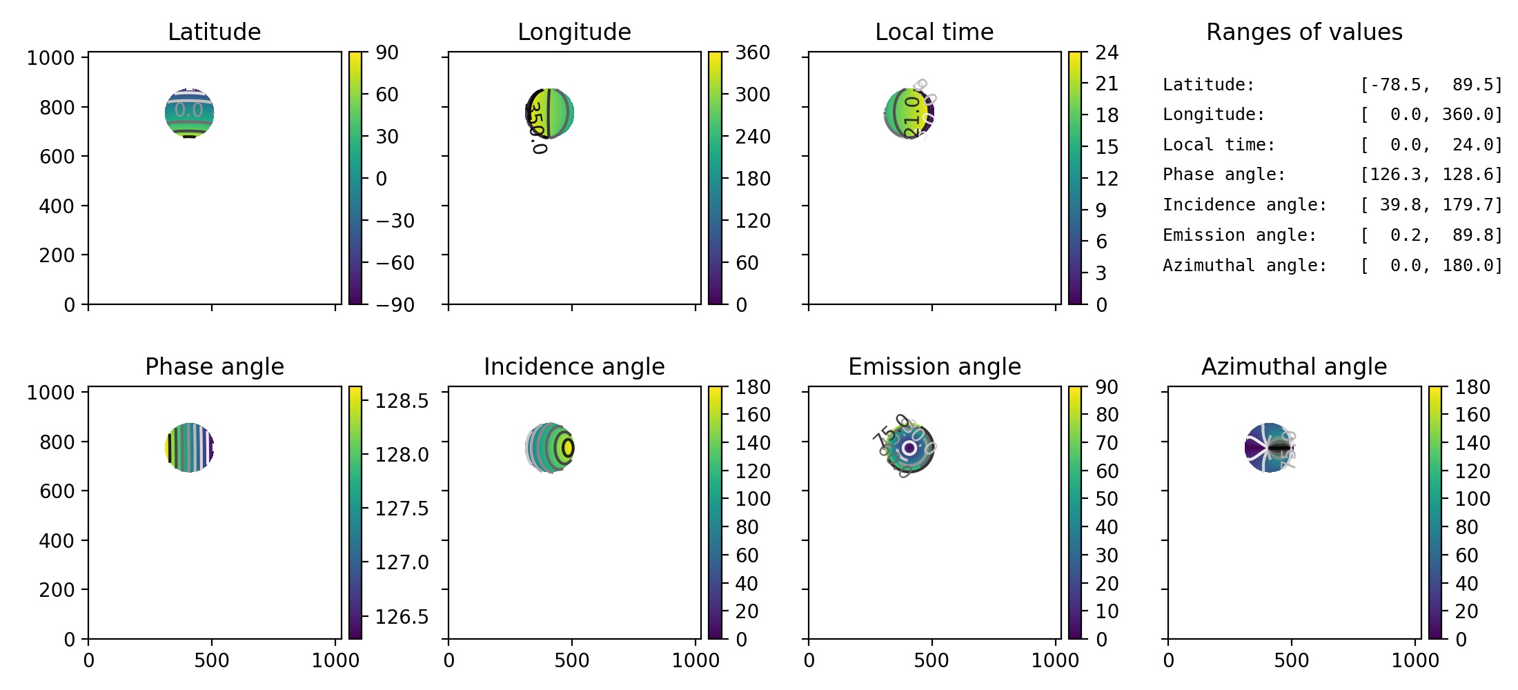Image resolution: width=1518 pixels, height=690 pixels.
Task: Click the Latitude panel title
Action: (214, 32)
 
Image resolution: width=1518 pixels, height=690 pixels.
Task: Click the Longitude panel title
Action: (574, 32)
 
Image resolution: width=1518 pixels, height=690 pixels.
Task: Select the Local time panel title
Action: (934, 32)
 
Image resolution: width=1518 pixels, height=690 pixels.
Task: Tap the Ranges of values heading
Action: (1304, 32)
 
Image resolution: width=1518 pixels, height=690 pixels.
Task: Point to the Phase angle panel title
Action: (214, 366)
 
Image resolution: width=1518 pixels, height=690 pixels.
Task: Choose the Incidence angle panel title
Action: (574, 366)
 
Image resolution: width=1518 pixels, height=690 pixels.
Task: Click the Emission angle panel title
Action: (934, 366)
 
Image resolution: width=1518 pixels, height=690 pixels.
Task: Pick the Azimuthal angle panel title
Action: (1294, 366)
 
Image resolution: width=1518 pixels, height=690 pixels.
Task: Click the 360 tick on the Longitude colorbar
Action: (752, 52)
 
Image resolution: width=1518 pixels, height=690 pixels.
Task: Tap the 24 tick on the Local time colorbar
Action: (1107, 52)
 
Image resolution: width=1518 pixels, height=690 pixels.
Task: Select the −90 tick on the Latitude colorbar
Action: (395, 305)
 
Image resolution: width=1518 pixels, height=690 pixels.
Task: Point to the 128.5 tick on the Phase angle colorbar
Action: (402, 400)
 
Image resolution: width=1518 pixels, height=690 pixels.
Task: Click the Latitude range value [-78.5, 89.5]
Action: (1431, 85)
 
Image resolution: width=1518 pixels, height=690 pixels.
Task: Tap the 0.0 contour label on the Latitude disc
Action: (188, 110)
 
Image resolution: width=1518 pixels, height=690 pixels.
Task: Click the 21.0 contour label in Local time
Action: (912, 116)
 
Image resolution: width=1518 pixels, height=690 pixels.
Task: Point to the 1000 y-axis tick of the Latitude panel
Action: (50, 58)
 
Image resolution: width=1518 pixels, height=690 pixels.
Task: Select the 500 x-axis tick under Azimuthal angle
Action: (1291, 660)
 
